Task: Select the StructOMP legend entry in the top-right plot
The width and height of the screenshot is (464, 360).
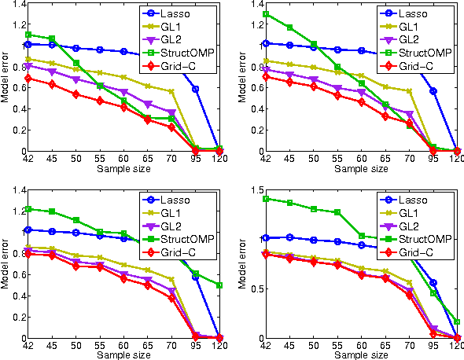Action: coord(423,54)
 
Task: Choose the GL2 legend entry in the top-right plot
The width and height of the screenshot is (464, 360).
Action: coord(418,40)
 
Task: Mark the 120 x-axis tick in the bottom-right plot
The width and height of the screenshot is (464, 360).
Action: coord(457,344)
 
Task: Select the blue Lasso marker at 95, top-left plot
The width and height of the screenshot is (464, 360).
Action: coord(195,89)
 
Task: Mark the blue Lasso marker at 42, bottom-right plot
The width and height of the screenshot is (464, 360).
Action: coord(267,237)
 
